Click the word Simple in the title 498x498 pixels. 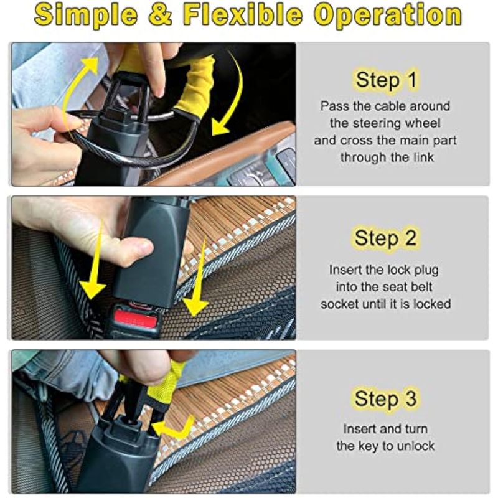click(86, 16)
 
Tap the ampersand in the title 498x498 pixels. click(161, 14)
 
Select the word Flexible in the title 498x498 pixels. click(243, 14)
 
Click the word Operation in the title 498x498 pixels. click(388, 16)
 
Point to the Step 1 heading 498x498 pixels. click(386, 80)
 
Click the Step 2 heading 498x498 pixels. click(385, 238)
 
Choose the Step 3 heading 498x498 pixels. click(385, 398)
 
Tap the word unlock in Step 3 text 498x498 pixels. click(416, 446)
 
